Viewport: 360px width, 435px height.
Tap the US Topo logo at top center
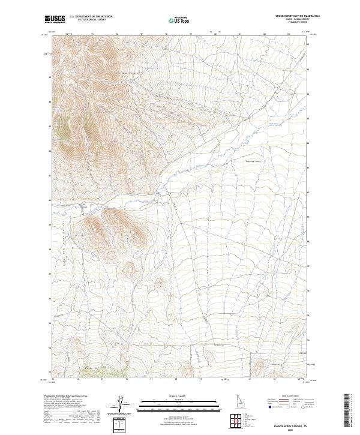(176, 20)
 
